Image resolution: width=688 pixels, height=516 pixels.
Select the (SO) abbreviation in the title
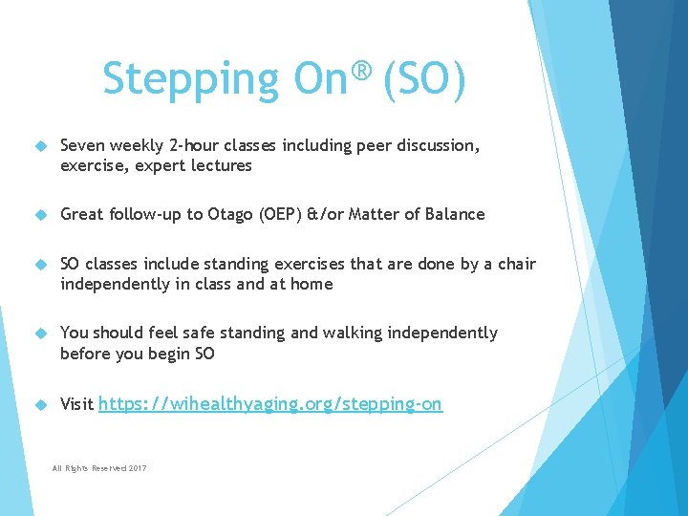tap(424, 79)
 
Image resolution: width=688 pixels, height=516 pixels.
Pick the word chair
tap(516, 264)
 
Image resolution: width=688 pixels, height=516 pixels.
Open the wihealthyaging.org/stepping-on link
tap(270, 404)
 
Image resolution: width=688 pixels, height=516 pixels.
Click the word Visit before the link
tap(76, 404)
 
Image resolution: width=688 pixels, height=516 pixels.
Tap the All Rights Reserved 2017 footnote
tap(99, 467)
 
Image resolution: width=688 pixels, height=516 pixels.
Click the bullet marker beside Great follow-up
tap(40, 215)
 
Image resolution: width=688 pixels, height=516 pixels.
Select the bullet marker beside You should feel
tap(40, 333)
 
